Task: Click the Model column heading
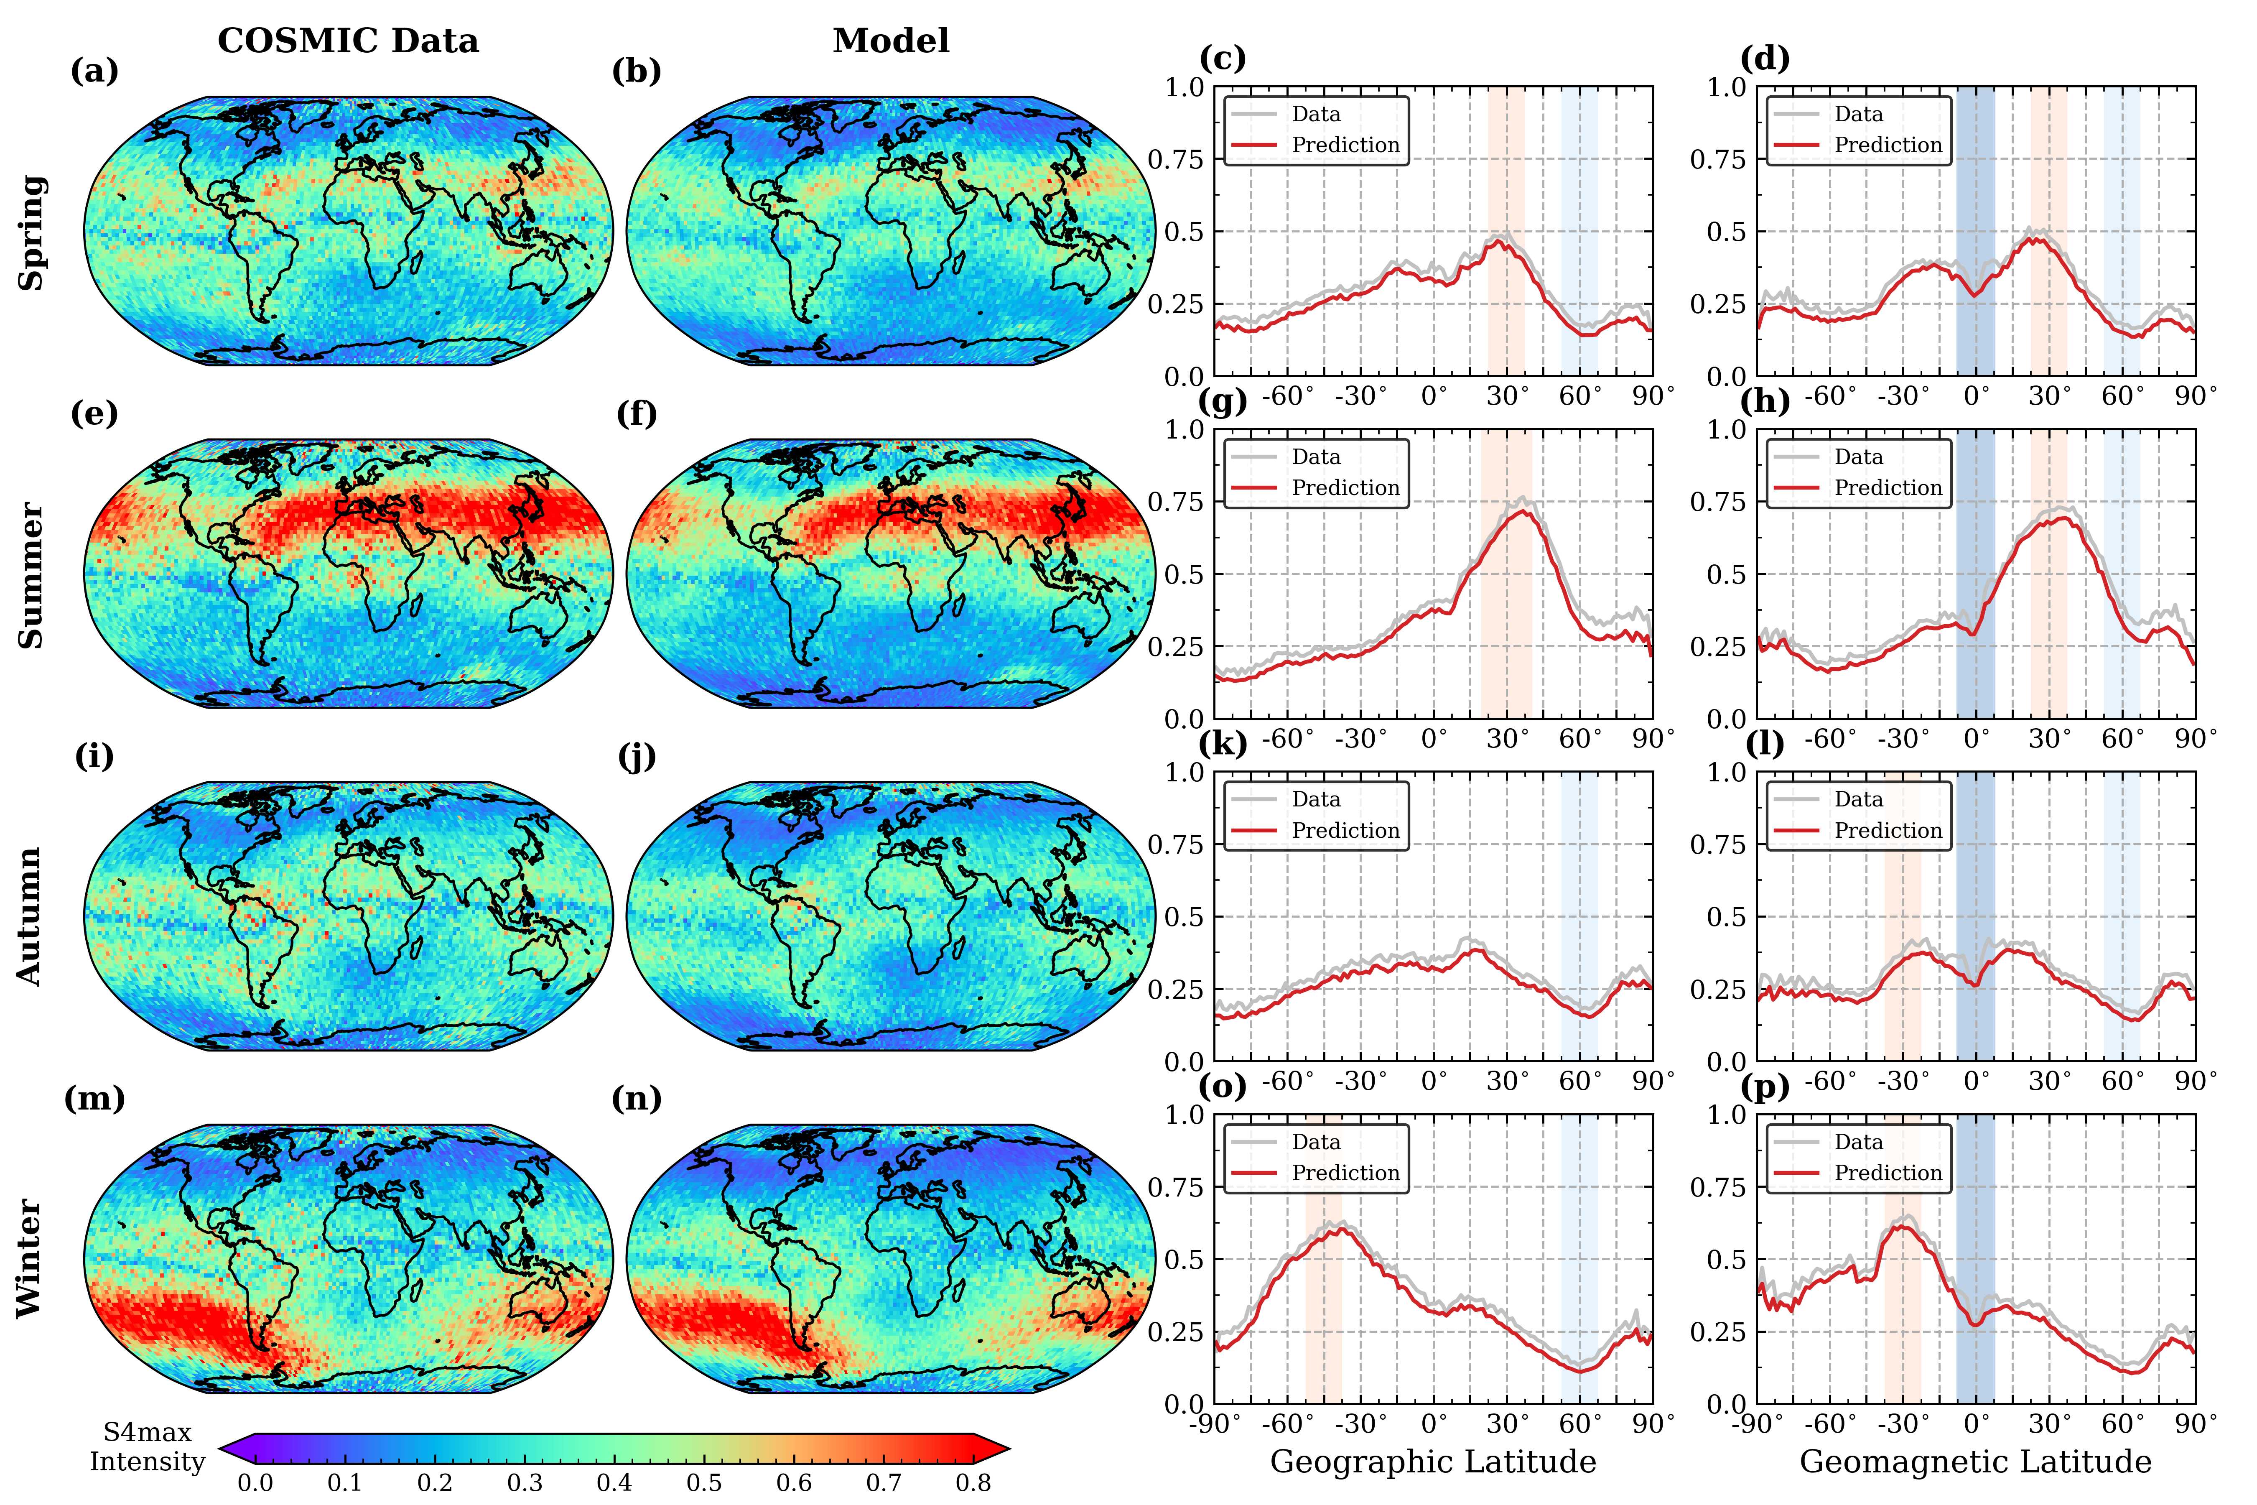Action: pyautogui.click(x=891, y=41)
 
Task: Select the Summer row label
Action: pyautogui.click(x=32, y=574)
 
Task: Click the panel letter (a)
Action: pyautogui.click(x=94, y=72)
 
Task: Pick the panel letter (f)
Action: pyautogui.click(x=636, y=415)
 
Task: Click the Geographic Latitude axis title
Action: pyautogui.click(x=1433, y=1462)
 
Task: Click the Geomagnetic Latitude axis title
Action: pyautogui.click(x=1975, y=1462)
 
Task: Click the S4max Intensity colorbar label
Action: pyautogui.click(x=147, y=1447)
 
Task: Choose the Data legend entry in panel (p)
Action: pyautogui.click(x=1858, y=1142)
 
